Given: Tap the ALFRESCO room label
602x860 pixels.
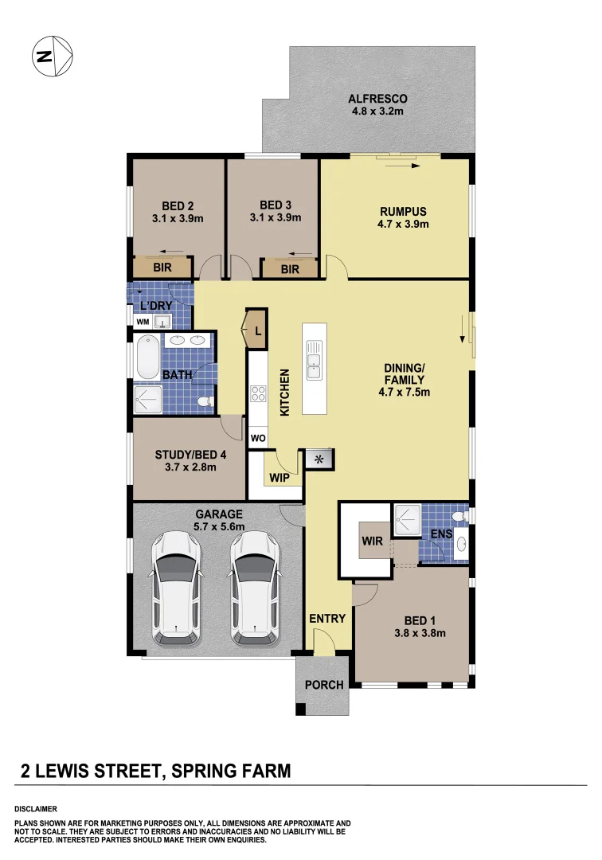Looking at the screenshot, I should (377, 99).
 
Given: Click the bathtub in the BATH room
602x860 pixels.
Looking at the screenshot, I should (149, 359).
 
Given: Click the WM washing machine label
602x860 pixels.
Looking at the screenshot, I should (143, 322).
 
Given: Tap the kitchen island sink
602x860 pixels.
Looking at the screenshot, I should (315, 359).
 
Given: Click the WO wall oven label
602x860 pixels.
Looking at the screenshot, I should (258, 439).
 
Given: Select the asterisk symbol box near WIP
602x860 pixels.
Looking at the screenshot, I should (319, 459).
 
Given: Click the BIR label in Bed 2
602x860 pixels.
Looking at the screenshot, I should (162, 268).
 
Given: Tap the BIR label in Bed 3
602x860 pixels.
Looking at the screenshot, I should (290, 269).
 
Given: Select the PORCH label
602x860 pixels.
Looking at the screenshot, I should (324, 685).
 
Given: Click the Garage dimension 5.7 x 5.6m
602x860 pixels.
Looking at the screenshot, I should (219, 526).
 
